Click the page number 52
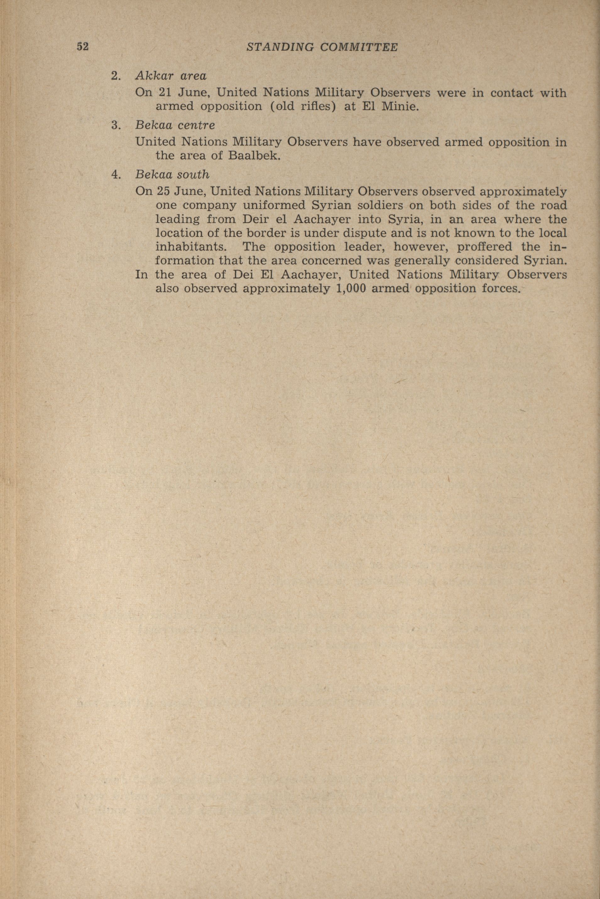click(x=83, y=47)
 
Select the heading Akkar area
click(x=171, y=76)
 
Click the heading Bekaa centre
click(x=175, y=125)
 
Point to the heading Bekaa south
click(x=172, y=175)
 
